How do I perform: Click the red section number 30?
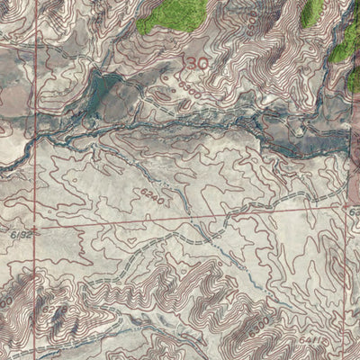click(x=198, y=62)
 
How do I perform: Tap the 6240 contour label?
click(x=151, y=194)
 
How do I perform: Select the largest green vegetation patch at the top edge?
click(x=171, y=13)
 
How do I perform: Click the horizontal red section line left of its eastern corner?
click(x=270, y=211)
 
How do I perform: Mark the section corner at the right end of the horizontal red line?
click(x=346, y=206)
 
